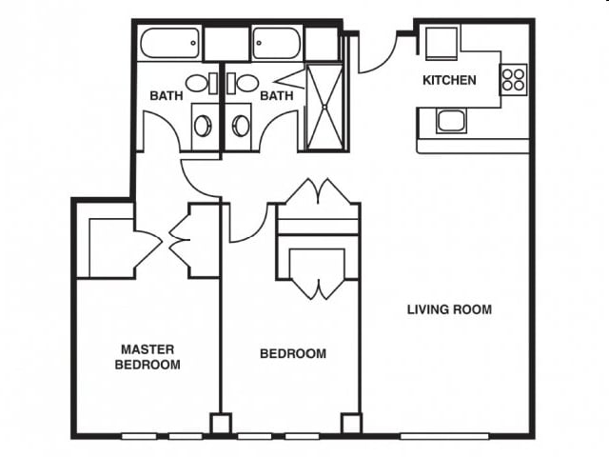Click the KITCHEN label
coord(449,80)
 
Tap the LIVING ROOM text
coord(449,309)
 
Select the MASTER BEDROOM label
coord(147,356)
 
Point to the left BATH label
coord(166,96)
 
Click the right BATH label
coord(276,96)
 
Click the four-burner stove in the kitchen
coord(514,79)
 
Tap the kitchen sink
coord(450,121)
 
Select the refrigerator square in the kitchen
coord(442,44)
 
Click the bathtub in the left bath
coord(169,44)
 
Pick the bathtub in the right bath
coord(277,44)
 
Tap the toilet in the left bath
coord(203,125)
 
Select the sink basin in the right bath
coord(247,83)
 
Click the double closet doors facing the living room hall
coord(318,193)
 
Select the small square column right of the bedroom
coord(351,423)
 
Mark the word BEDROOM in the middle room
coord(293,354)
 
